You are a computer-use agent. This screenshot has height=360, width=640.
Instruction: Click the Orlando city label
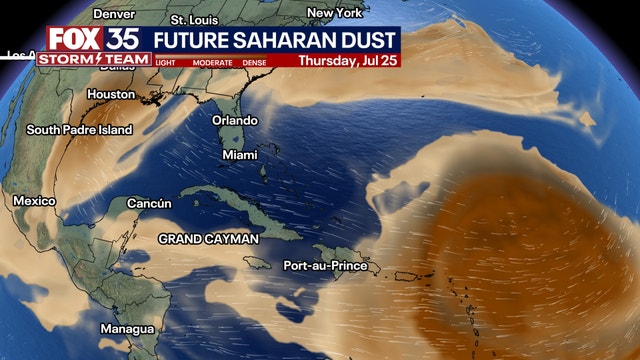pos(235,120)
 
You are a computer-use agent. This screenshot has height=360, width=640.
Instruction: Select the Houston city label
pos(111,94)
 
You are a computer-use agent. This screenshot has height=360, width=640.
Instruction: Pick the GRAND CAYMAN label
pos(208,239)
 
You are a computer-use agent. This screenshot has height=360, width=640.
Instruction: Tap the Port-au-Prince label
pos(325,266)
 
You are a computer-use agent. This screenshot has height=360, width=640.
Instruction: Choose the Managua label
pos(127,329)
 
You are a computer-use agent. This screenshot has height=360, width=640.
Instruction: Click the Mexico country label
pos(34,201)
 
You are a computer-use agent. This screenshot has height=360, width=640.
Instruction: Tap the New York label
pos(334,13)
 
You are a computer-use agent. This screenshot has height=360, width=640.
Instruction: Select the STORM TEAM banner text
pos(94,59)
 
